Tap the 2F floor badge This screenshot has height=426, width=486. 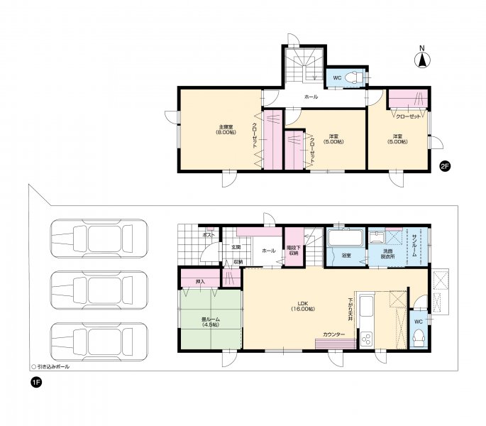[x=445, y=167]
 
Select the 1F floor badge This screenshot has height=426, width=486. [x=35, y=383]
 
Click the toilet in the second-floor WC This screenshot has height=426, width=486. [x=354, y=77]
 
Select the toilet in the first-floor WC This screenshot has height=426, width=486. [x=419, y=337]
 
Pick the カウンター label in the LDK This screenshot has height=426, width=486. [x=333, y=334]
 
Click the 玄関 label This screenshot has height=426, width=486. [x=235, y=248]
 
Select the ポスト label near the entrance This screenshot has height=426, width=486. [x=209, y=234]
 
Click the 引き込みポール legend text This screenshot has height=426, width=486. [x=54, y=366]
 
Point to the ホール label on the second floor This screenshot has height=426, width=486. [x=311, y=96]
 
